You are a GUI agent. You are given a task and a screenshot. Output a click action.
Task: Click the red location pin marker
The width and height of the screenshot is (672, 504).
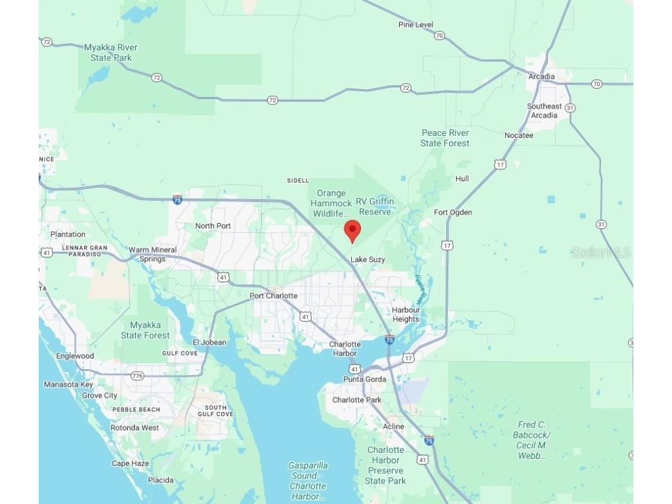coord(352,230)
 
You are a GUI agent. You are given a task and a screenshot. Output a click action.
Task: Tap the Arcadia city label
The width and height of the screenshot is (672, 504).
coord(541,77)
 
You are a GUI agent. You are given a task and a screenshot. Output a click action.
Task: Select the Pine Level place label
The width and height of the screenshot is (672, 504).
coord(415,25)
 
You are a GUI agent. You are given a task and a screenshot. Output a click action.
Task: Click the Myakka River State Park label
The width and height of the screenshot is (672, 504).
coord(111,52)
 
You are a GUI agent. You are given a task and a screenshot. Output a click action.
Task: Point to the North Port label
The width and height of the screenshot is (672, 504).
coord(213,226)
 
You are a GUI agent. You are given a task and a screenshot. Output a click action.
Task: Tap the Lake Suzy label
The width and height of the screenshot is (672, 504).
coord(367,260)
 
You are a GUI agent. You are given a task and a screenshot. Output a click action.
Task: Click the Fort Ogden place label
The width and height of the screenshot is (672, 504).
coord(453,213)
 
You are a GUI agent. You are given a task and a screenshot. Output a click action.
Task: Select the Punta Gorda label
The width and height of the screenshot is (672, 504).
coord(365,379)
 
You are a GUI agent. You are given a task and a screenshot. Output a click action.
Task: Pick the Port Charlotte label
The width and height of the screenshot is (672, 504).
coord(274,296)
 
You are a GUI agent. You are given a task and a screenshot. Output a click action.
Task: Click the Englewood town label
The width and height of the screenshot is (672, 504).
coord(75,356)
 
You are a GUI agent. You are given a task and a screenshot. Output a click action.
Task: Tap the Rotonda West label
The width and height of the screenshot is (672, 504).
coord(135,428)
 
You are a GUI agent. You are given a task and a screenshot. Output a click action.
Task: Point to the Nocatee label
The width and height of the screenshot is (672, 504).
coord(518,136)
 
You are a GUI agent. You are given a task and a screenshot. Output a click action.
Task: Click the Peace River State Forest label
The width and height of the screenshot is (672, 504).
coord(445,138)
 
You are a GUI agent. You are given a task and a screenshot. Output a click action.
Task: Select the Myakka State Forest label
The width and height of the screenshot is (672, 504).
coord(145,330)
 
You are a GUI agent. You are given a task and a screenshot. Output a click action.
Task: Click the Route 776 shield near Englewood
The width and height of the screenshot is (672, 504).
coord(137,376)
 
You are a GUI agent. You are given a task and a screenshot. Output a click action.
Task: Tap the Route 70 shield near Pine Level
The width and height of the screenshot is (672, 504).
coord(439,35)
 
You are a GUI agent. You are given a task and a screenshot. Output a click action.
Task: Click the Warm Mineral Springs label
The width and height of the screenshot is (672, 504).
coord(152,254)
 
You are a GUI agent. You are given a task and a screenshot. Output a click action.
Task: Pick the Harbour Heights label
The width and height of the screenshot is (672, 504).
coord(406,314)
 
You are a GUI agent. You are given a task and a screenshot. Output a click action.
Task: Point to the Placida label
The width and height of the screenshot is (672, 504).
coord(161,480)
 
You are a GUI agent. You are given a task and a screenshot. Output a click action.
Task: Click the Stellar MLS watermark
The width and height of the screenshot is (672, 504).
coord(600,253)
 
